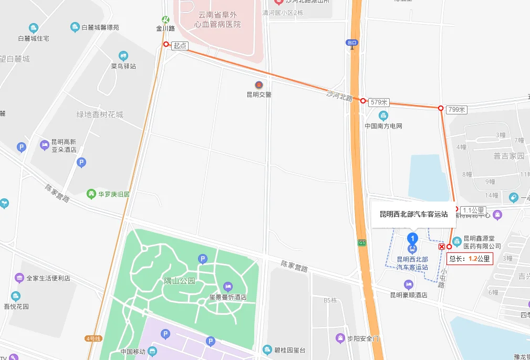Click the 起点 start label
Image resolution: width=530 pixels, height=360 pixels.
(180, 46)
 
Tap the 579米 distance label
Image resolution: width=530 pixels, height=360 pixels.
(378, 102)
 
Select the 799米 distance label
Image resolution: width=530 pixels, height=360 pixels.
(456, 110)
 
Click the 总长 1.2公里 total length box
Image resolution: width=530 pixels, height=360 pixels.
(470, 259)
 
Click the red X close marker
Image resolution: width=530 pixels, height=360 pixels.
(442, 247)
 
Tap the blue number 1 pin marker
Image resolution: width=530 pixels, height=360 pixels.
(413, 238)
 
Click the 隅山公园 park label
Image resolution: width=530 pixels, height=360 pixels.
(179, 281)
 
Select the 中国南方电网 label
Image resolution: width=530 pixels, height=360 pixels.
(383, 126)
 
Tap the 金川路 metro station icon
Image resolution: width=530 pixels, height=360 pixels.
(165, 19)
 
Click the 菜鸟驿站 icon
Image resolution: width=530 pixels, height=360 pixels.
(123, 56)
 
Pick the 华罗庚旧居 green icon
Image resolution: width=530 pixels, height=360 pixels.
(91, 194)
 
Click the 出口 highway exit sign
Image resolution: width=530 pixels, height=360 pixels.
(351, 43)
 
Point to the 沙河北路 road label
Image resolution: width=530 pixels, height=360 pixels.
(339, 95)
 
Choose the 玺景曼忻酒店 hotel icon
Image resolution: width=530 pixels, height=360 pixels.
(227, 287)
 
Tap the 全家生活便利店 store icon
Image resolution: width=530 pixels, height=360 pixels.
(19, 278)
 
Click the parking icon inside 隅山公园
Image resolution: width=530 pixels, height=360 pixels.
(202, 258)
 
